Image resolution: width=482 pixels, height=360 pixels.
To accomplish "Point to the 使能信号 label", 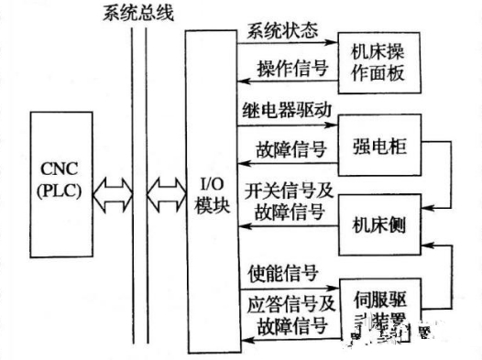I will point(282,272).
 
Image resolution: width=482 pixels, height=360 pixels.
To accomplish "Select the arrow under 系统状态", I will point(285,42).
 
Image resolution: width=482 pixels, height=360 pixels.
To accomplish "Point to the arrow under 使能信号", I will point(285,287).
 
